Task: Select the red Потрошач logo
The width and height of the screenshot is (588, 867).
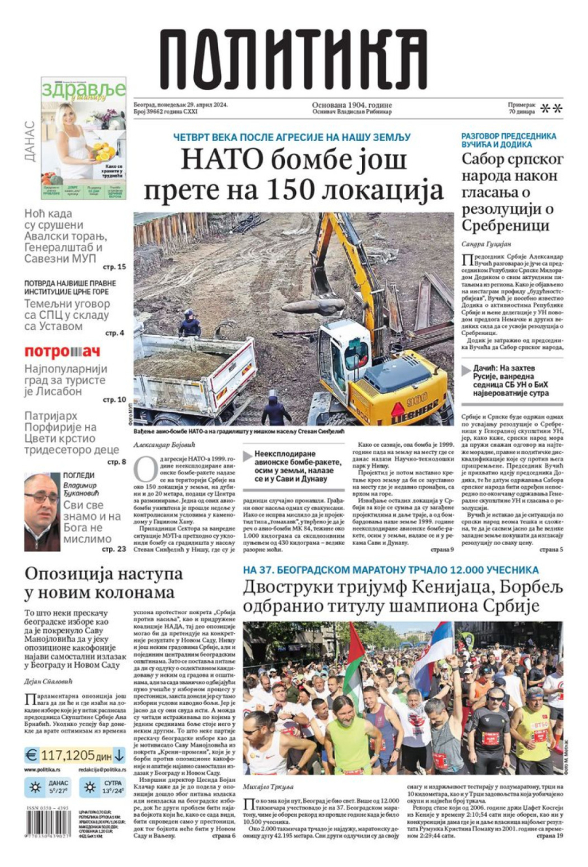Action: pos(62,352)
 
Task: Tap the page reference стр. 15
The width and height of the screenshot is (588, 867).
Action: pos(114,267)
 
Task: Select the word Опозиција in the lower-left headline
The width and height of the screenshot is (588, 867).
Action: pos(71,574)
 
